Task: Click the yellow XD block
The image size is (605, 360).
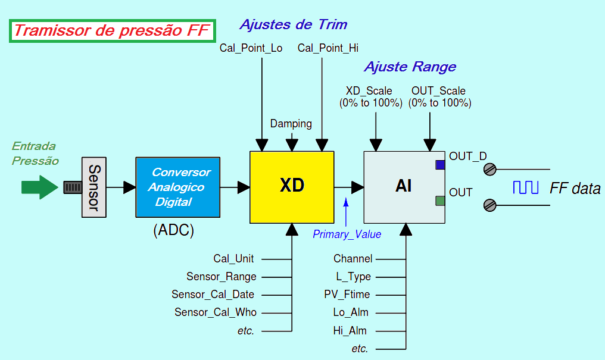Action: pyautogui.click(x=291, y=187)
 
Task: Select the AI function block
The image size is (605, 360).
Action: pyautogui.click(x=404, y=187)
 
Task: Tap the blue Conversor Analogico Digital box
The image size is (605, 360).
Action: pyautogui.click(x=177, y=187)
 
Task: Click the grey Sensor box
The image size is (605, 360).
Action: pyautogui.click(x=93, y=187)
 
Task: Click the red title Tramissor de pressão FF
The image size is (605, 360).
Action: pyautogui.click(x=112, y=31)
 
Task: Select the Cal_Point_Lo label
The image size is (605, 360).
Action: pyautogui.click(x=251, y=48)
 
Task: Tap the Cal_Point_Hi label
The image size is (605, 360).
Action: pyautogui.click(x=328, y=48)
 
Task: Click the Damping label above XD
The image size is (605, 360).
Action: pyautogui.click(x=291, y=124)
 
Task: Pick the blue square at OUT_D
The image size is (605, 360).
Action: pyautogui.click(x=440, y=165)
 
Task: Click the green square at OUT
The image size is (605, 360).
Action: pyautogui.click(x=440, y=201)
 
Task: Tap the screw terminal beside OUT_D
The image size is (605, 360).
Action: pyautogui.click(x=489, y=170)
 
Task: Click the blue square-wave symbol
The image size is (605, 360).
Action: pyautogui.click(x=526, y=188)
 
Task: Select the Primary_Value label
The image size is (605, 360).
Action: pyautogui.click(x=347, y=234)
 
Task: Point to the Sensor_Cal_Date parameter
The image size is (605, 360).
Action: pyautogui.click(x=213, y=295)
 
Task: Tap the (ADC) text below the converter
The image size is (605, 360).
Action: pyautogui.click(x=173, y=230)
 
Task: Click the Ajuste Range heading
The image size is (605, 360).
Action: pyautogui.click(x=410, y=67)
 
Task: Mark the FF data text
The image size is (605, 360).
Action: pyautogui.click(x=575, y=189)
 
